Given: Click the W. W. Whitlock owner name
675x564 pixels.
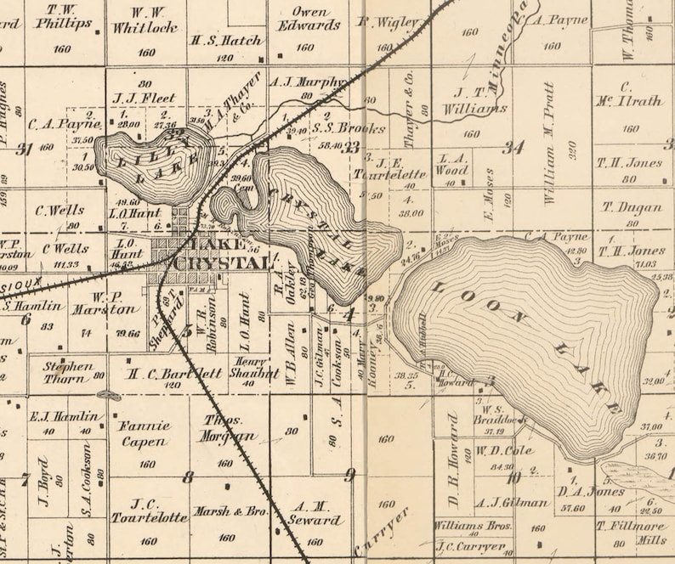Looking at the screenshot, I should click(145, 20).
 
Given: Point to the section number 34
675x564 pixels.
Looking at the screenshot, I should click(513, 147).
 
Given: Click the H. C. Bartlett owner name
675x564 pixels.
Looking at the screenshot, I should click(175, 372).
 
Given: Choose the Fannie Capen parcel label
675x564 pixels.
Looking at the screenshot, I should click(144, 433).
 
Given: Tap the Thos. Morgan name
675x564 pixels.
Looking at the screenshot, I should click(230, 428).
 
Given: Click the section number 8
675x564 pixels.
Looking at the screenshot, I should click(188, 477).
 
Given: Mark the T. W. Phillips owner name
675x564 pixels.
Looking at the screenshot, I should click(64, 16).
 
